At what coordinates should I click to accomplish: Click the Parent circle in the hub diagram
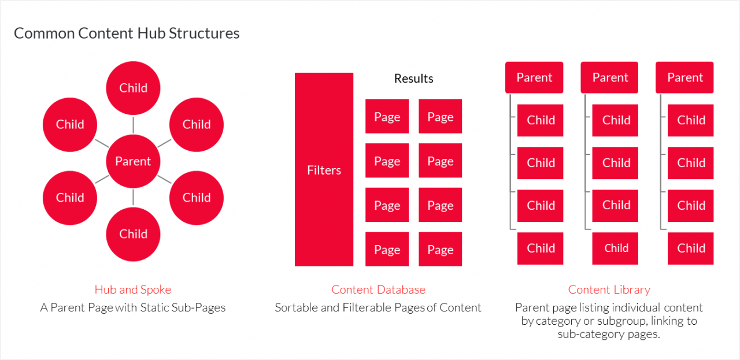[x=133, y=161]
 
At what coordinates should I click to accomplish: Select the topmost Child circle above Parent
[x=133, y=88]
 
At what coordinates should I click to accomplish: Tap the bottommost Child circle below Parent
[x=133, y=234]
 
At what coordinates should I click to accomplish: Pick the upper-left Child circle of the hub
[x=70, y=124]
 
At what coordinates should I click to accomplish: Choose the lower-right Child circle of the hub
[x=197, y=198]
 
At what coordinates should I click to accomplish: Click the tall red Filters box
[x=324, y=169]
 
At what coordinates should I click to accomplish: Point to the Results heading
[x=413, y=79]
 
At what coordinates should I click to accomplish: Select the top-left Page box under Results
[x=387, y=117]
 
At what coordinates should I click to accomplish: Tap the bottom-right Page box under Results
[x=440, y=249]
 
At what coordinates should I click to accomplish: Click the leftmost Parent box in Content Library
[x=534, y=77]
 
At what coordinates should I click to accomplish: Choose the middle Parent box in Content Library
[x=609, y=77]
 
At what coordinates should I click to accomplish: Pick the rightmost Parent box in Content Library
[x=684, y=77]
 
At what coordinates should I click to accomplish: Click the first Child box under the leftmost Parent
[x=541, y=120]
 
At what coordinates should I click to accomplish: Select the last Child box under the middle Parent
[x=616, y=248]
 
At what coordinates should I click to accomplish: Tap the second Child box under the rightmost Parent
[x=691, y=163]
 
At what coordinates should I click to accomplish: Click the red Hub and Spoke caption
[x=133, y=290]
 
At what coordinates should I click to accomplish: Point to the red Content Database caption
[x=378, y=290]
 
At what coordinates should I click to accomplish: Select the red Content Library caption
[x=609, y=290]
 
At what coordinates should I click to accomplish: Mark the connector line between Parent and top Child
[x=133, y=124]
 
